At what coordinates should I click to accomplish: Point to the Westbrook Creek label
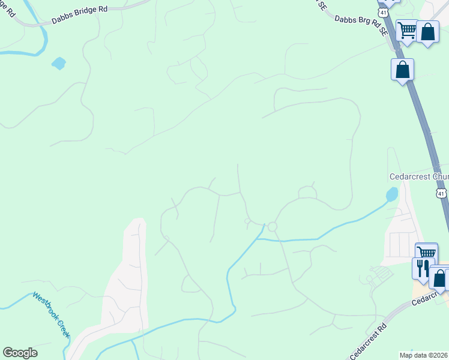(52, 315)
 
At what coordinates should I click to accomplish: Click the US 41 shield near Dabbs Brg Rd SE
(383, 11)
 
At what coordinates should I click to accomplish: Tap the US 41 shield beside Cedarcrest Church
(441, 193)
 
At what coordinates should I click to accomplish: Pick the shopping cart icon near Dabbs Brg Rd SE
(407, 30)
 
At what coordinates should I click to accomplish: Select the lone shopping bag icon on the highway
(402, 69)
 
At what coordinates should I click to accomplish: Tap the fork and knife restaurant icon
(422, 267)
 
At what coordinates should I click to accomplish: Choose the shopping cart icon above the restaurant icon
(426, 253)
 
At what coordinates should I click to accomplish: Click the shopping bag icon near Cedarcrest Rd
(439, 278)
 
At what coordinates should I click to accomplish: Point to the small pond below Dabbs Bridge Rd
(58, 63)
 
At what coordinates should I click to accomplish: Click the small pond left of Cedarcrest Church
(391, 194)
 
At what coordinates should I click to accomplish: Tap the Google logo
(20, 353)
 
